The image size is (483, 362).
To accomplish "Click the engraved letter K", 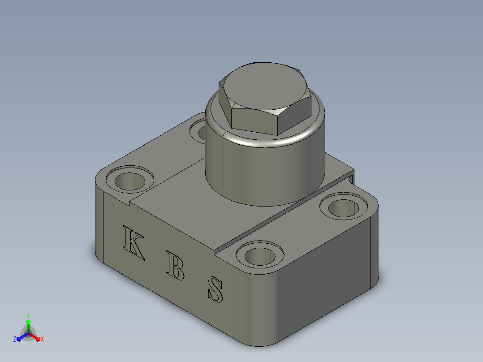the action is click(133, 242).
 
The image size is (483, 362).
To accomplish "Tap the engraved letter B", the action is click(175, 265).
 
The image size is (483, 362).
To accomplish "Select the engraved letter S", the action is click(216, 289).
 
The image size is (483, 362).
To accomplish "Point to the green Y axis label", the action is click(28, 315).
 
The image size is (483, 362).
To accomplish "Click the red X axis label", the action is click(42, 339).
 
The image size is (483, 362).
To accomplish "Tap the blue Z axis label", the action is click(15, 339).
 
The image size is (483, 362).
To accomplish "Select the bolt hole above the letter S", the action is click(260, 256).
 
